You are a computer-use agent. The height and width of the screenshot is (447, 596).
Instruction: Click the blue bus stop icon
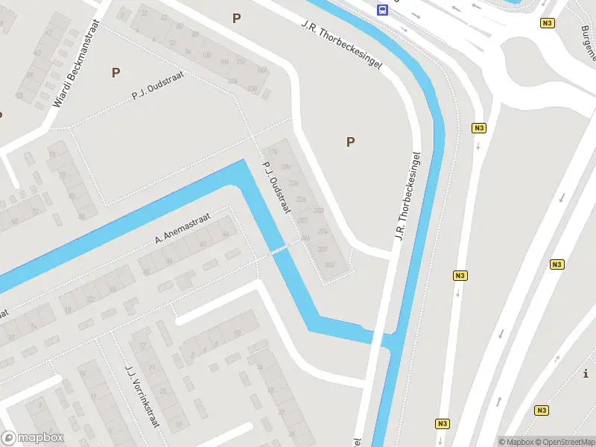pos(383,10)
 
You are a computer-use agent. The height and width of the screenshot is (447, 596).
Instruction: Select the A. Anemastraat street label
pos(183,228)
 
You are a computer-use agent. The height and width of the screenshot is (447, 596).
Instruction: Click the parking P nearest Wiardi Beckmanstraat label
pos(115,72)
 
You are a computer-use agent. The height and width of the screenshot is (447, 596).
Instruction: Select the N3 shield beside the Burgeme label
pos(548,23)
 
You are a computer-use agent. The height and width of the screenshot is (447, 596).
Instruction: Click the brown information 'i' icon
pos(587,373)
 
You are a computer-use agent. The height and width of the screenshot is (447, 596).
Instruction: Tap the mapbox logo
pos(33,438)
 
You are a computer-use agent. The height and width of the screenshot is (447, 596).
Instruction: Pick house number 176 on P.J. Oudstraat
pos(273,151)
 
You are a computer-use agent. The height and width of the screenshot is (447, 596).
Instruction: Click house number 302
pos(331,264)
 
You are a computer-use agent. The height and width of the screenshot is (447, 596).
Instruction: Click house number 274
pos(322,232)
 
